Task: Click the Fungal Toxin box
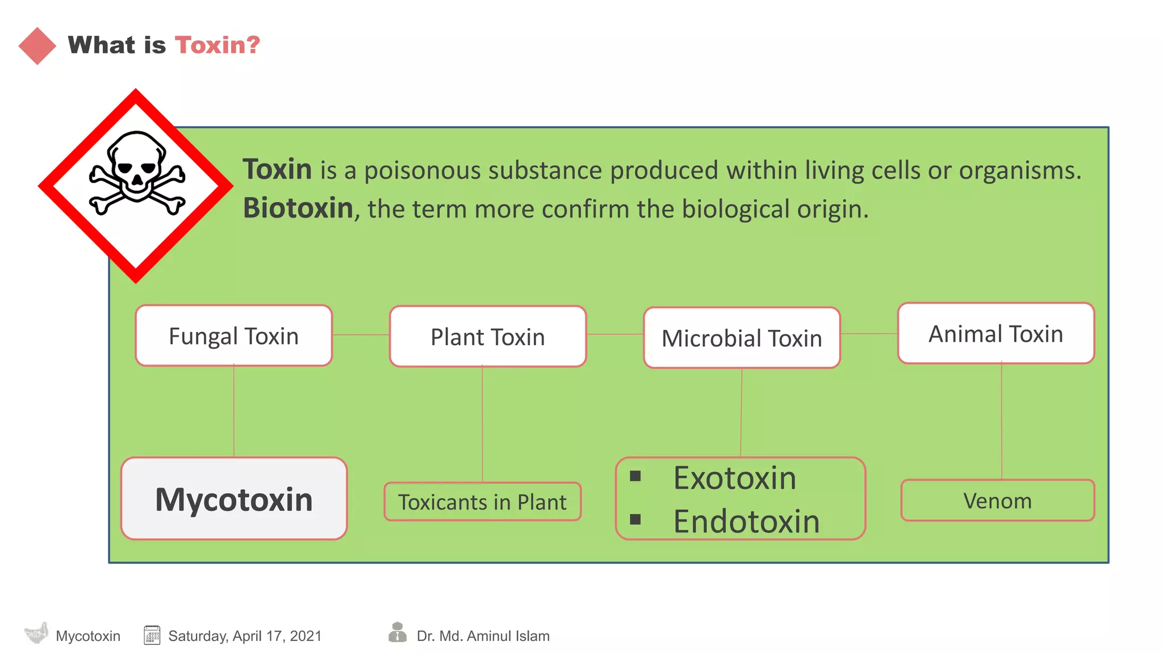tap(233, 336)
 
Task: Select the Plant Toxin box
tap(487, 337)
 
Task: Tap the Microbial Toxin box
tap(742, 338)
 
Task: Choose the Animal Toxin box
tap(995, 334)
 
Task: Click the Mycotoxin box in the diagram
tap(234, 499)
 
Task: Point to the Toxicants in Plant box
tap(482, 502)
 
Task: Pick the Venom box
tap(997, 501)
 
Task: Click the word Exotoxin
tap(735, 478)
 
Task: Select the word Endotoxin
tap(746, 521)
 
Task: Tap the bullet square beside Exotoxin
tap(635, 476)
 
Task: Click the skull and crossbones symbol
tap(137, 173)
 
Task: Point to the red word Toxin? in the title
tap(217, 45)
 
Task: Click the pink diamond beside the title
tap(37, 46)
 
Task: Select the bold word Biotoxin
tap(298, 208)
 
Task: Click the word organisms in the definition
tap(1020, 170)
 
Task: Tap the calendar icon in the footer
tap(152, 635)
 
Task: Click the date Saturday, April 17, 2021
tap(245, 636)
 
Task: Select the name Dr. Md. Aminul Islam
tap(483, 636)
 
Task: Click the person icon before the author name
tap(398, 632)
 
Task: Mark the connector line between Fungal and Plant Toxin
tap(361, 335)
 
